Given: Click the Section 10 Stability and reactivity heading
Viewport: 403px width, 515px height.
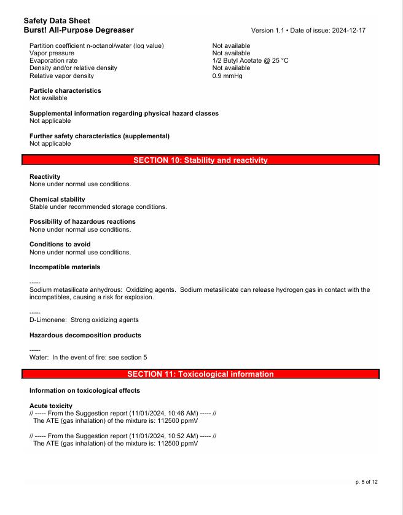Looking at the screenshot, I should (x=201, y=160).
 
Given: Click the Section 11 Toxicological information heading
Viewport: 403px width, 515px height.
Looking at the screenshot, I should (x=201, y=374).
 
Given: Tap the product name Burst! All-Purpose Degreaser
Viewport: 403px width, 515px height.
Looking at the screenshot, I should (x=79, y=29).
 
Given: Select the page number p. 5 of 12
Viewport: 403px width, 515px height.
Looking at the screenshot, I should (x=367, y=482).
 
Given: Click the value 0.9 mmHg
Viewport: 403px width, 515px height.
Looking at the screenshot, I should (x=227, y=76).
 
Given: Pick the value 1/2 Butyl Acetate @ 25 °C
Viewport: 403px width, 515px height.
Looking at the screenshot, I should (x=250, y=61).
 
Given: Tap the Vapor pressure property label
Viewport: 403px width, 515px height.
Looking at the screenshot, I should (x=52, y=53).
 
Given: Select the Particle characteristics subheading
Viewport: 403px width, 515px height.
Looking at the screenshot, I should (x=65, y=90).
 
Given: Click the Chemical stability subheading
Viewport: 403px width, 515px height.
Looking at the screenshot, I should (x=57, y=199).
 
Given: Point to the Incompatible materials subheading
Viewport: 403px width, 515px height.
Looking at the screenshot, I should (x=65, y=267).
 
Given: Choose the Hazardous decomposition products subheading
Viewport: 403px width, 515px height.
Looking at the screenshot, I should (x=85, y=335).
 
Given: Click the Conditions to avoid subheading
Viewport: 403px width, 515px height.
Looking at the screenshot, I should (x=60, y=244).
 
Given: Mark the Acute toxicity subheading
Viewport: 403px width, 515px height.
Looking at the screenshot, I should (x=51, y=406).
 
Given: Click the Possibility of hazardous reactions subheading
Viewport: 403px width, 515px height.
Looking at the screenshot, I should (x=82, y=221).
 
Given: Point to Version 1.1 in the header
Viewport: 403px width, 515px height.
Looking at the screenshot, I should (x=268, y=30).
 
